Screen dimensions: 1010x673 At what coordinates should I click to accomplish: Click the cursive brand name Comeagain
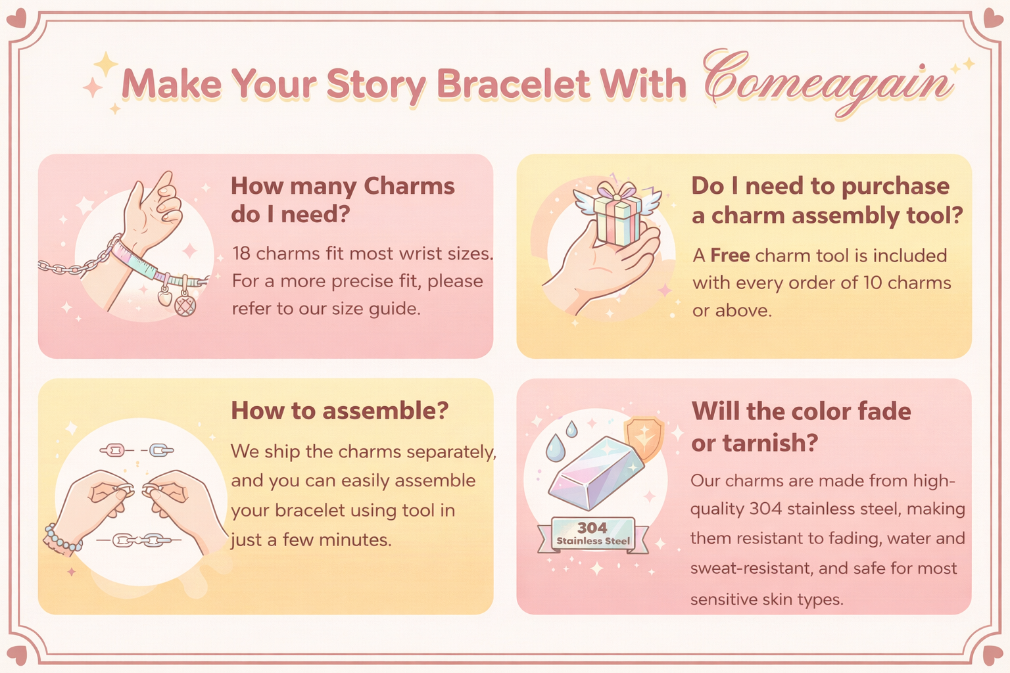(828, 84)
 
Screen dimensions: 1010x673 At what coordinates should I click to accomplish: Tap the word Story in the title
(376, 85)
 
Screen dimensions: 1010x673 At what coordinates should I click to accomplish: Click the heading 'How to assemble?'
(340, 411)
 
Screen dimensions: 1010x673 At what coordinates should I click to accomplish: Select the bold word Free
(730, 256)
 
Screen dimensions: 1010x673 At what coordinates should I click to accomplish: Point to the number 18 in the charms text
(241, 254)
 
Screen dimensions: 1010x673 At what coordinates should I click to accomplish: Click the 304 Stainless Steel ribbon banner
(593, 535)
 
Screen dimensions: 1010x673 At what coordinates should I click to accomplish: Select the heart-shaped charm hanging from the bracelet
(165, 298)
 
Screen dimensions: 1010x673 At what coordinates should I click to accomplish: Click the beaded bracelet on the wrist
(62, 540)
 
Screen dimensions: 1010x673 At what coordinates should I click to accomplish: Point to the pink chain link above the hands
(116, 450)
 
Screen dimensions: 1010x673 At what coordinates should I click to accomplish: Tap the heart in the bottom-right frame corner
(993, 655)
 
